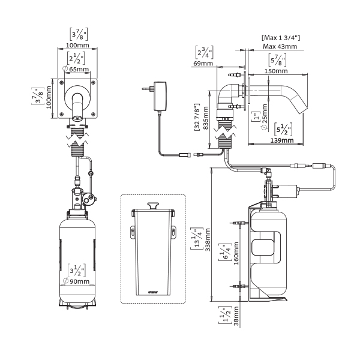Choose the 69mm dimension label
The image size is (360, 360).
click(x=202, y=62)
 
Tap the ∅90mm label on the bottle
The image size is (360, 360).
click(x=79, y=281)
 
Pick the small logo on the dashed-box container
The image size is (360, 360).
click(x=152, y=292)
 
